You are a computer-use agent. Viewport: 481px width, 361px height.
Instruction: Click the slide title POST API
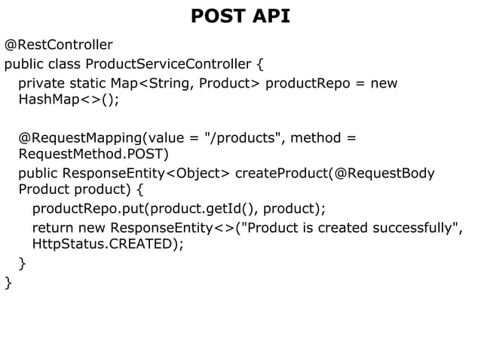tap(240, 16)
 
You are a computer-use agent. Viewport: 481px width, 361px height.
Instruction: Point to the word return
tap(51, 227)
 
